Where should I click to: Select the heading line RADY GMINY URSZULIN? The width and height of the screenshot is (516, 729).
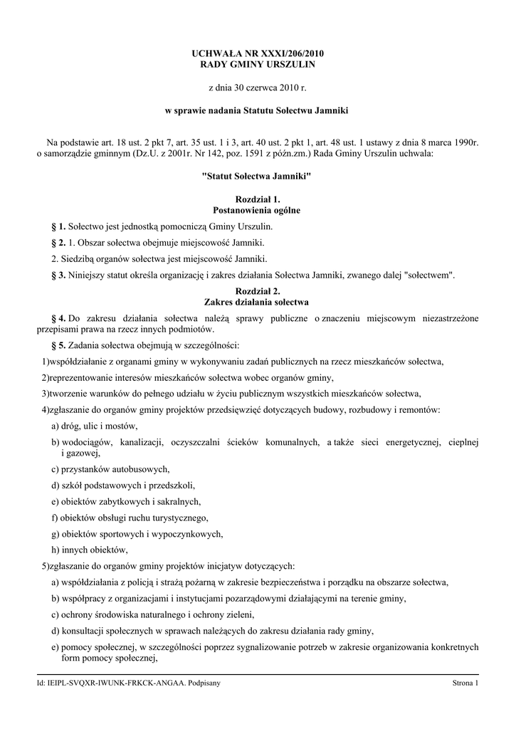258,65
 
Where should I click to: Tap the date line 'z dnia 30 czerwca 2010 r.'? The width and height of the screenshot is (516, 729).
258,88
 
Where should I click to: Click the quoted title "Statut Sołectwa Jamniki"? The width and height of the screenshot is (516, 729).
258,175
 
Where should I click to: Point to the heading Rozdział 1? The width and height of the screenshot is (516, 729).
258,199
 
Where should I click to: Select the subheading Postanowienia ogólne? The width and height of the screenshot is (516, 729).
258,211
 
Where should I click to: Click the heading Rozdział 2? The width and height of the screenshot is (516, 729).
258,290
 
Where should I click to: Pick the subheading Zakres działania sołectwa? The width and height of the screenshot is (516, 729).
258,302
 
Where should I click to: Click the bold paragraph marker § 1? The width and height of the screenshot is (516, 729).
59,226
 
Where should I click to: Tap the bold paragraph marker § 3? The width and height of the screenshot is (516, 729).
59,274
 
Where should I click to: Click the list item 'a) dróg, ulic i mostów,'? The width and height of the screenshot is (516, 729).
95,426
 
